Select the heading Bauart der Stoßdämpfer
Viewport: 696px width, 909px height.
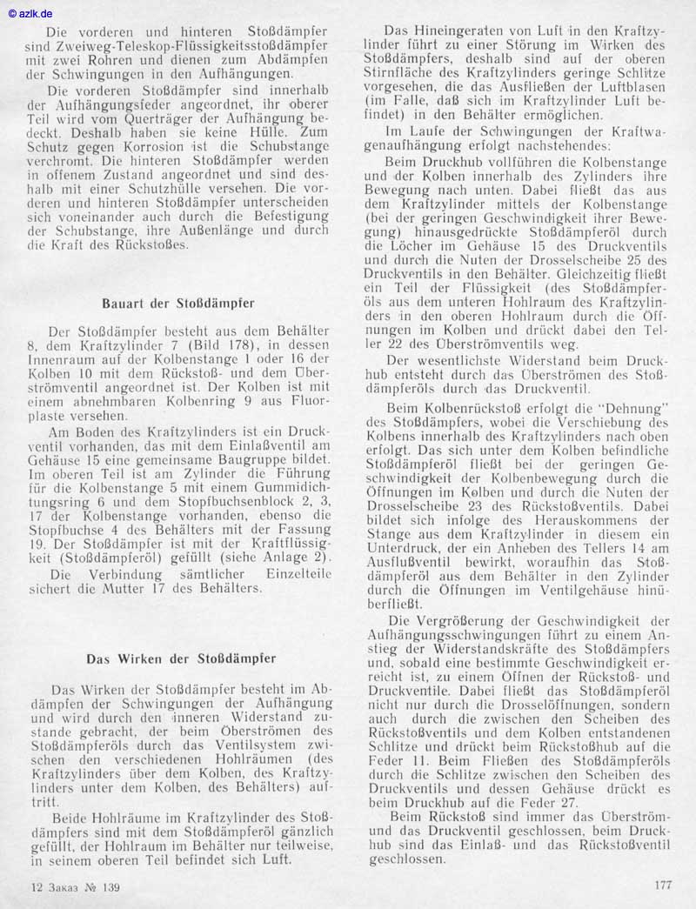tap(177, 304)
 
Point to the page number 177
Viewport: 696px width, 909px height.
tap(663, 886)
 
